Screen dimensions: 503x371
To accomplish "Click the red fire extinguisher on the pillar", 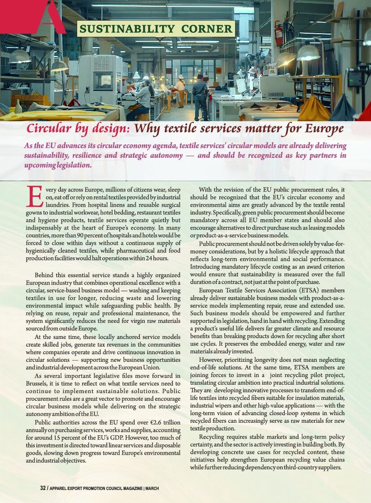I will point(279,35).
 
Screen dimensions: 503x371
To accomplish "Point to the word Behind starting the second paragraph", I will point(45,274).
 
